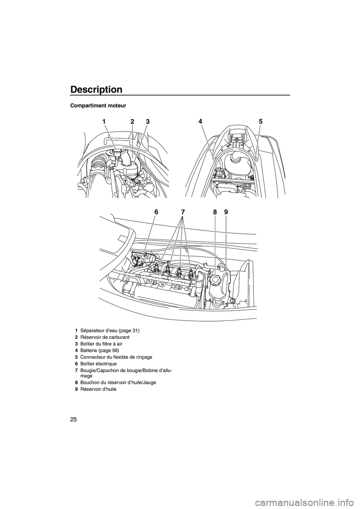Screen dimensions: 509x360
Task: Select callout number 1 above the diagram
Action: click(x=102, y=121)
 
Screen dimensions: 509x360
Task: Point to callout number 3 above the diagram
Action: click(x=147, y=121)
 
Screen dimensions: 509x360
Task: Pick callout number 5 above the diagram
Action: click(x=260, y=121)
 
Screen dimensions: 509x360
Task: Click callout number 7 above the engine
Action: click(x=183, y=212)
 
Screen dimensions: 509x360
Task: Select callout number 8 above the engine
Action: click(x=215, y=212)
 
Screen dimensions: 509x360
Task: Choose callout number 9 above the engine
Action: click(x=226, y=212)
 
